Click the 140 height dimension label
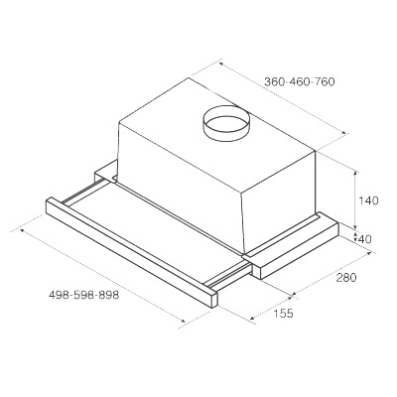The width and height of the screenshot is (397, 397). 368,199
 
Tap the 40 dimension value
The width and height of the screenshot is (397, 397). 364,238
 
